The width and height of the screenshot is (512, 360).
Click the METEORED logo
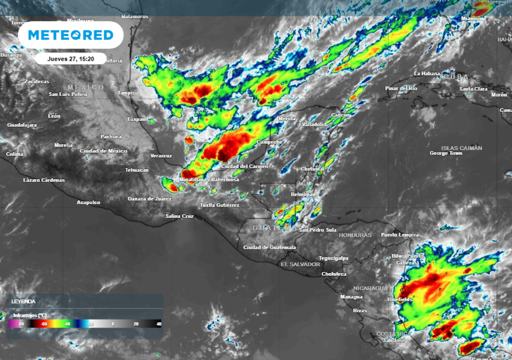70,35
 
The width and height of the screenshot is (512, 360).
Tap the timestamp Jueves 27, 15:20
70,58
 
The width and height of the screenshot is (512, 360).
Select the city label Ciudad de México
103,151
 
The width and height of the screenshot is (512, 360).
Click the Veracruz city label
161,155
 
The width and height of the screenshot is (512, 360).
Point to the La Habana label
427,74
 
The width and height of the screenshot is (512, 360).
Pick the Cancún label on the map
340,115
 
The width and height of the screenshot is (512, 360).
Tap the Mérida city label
287,119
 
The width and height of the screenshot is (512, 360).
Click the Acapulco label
88,202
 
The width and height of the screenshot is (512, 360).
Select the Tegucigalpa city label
333,258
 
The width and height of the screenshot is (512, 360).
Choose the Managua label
351,297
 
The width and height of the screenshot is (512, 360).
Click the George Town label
446,153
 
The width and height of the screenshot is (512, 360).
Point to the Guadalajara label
21,125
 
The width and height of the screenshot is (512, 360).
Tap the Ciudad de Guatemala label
269,247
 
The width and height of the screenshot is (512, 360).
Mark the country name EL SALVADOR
300,264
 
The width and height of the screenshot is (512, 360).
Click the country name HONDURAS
355,235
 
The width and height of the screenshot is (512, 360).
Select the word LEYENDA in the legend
23,302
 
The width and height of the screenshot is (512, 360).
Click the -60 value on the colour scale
44,324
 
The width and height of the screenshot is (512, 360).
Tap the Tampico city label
127,92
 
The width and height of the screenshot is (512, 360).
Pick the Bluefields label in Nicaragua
400,299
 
